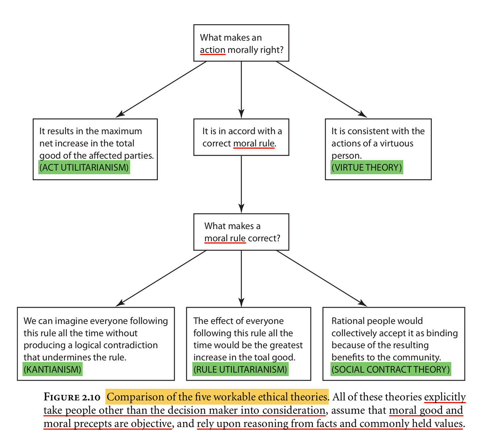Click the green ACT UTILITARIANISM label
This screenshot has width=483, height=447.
[x=84, y=168]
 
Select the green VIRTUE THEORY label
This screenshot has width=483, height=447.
[x=366, y=168]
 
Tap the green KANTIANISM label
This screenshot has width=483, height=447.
[x=52, y=369]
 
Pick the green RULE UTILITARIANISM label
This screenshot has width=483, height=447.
[x=240, y=369]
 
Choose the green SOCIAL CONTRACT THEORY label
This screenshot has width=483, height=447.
[x=390, y=369]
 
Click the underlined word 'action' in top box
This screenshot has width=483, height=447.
[x=213, y=50]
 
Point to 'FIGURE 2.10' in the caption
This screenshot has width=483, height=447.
[x=72, y=398]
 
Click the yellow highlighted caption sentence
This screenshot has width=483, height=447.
[x=217, y=397]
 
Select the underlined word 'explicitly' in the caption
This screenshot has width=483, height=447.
[x=445, y=397]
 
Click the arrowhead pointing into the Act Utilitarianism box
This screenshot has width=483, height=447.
[x=120, y=115]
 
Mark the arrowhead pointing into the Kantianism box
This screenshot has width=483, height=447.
[x=120, y=303]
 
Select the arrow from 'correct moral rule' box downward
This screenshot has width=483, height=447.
[x=241, y=183]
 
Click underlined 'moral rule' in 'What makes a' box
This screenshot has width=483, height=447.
[x=225, y=238]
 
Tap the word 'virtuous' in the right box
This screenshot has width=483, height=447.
[x=396, y=144]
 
